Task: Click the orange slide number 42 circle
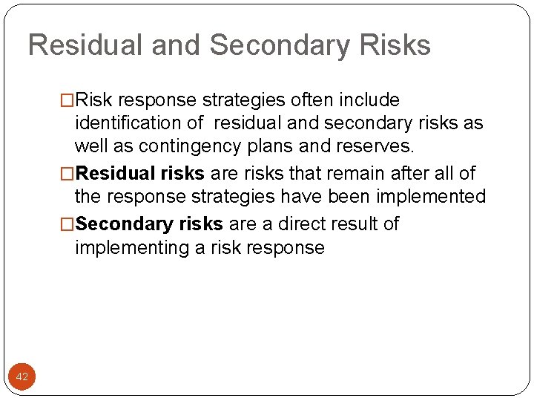click(x=22, y=376)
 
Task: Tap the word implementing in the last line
click(x=131, y=248)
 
